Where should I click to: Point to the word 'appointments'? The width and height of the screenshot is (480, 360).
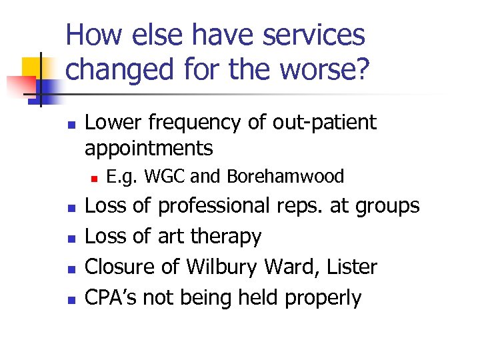click(149, 147)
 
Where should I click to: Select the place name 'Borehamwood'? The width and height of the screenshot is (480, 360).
click(285, 177)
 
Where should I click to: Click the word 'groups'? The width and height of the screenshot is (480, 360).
click(387, 206)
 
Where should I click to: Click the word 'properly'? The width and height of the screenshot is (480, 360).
click(323, 298)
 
